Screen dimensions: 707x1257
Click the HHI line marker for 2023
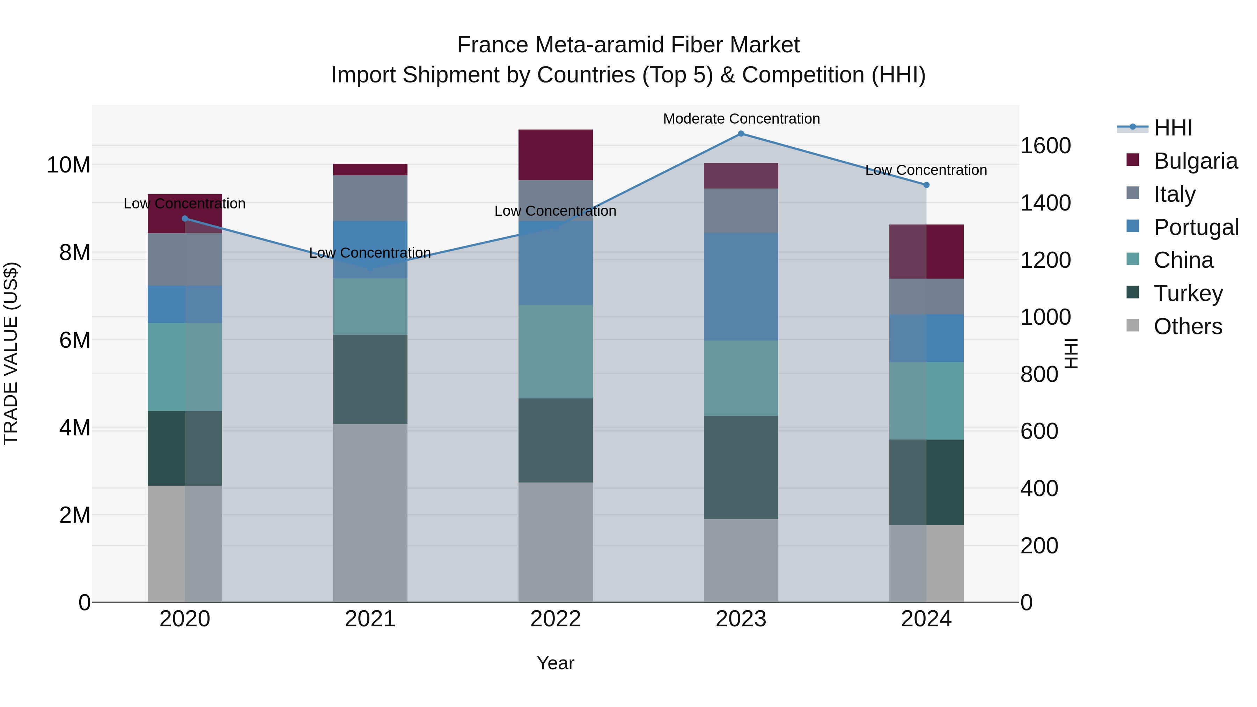pos(741,134)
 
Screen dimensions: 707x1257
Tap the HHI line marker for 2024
pos(926,185)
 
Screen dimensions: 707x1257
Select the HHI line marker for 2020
pos(185,219)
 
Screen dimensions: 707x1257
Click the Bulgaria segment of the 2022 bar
pos(555,155)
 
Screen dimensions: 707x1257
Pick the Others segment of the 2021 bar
pos(370,512)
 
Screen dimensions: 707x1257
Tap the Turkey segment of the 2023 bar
pos(741,467)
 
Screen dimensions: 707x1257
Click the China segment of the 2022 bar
pos(555,351)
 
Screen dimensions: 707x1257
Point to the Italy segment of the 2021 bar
pos(370,198)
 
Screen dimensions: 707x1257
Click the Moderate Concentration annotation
pos(741,119)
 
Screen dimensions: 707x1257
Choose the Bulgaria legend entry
pos(1195,161)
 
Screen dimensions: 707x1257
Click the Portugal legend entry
pos(1196,227)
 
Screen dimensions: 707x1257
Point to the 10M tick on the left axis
pos(68,165)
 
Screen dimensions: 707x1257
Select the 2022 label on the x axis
pos(555,619)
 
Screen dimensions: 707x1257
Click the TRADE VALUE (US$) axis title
pos(11,353)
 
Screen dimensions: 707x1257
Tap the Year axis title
pos(555,663)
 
